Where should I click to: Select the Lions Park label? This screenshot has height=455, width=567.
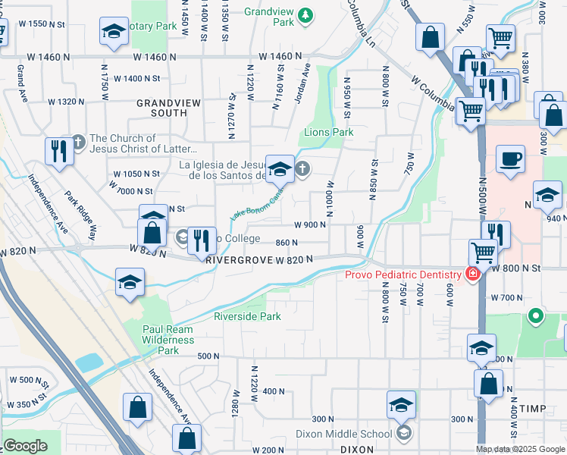(329, 132)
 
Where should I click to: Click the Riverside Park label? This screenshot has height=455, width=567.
(247, 316)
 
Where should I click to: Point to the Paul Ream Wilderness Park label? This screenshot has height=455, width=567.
(168, 340)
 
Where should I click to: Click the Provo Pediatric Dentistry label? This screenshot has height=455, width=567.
(403, 275)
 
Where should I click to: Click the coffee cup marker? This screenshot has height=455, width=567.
(510, 160)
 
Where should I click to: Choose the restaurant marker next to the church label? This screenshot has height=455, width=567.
(58, 151)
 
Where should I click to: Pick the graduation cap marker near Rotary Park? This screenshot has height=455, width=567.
(114, 33)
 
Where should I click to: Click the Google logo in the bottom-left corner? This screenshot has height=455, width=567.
(24, 447)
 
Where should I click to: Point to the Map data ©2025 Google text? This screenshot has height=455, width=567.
(520, 449)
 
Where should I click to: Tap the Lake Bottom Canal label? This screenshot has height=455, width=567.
(258, 204)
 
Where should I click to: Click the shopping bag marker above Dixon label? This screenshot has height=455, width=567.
(489, 384)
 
